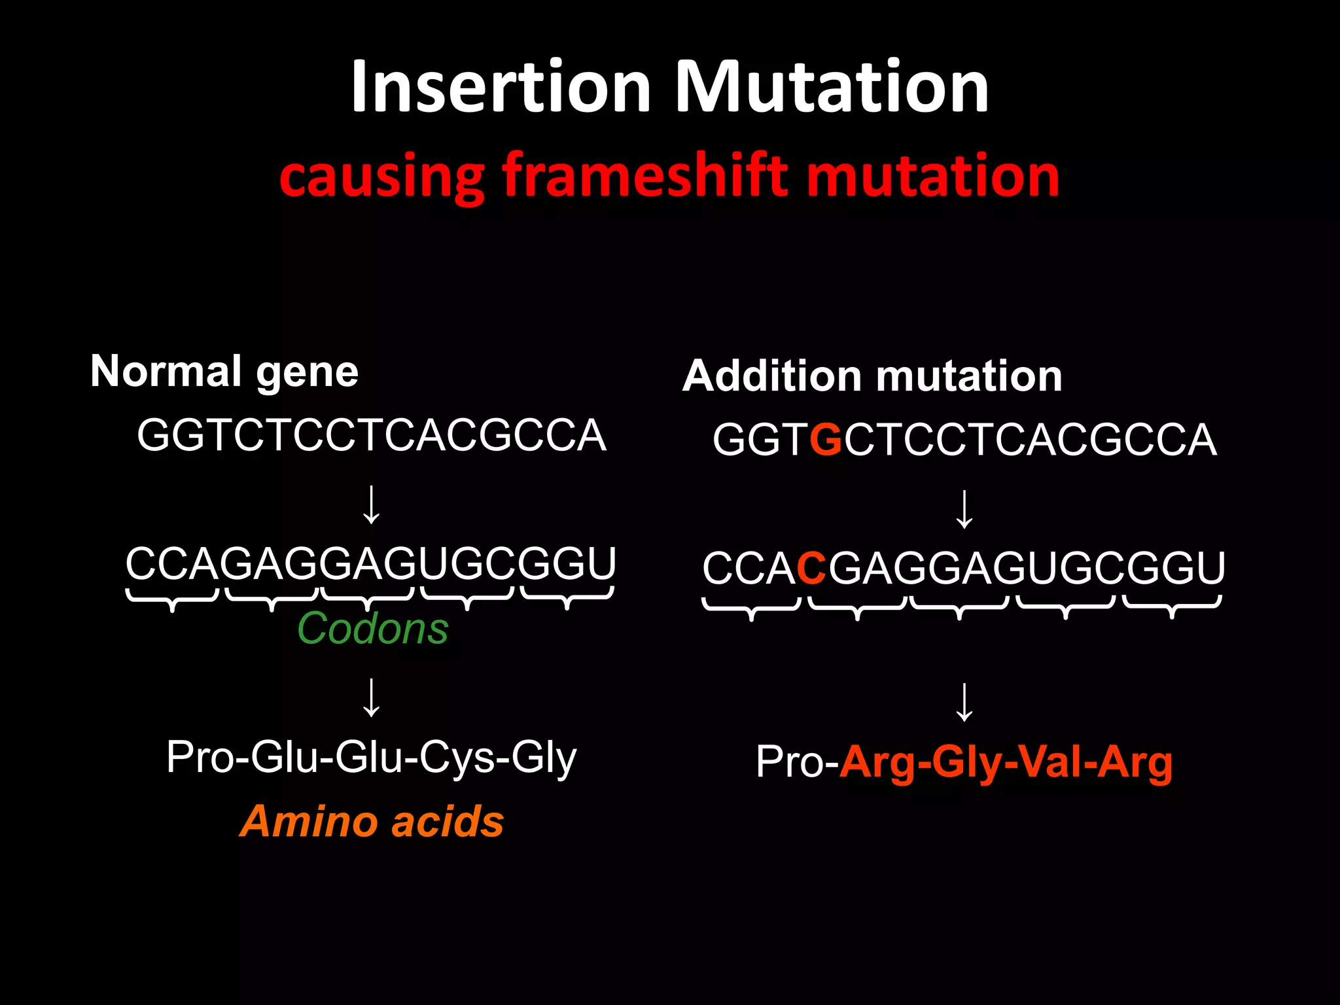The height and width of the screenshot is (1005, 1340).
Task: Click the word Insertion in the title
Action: point(501,87)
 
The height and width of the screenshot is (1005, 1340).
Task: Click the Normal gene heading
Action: point(224,372)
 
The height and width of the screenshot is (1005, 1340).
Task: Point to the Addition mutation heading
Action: point(872,376)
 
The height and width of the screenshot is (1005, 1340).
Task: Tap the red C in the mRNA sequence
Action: point(812,568)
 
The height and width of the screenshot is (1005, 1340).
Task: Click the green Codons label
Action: point(373,629)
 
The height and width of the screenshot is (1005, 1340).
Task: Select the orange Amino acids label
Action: point(372,821)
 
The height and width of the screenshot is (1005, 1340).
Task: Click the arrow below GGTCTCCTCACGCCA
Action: point(372,504)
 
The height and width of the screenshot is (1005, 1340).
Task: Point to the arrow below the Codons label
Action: point(372,697)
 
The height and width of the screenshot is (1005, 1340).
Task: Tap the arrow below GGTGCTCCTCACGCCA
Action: point(964,509)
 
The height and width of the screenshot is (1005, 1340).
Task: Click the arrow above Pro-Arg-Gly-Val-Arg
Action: point(964,702)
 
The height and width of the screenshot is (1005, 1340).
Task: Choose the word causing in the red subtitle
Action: point(381,175)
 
